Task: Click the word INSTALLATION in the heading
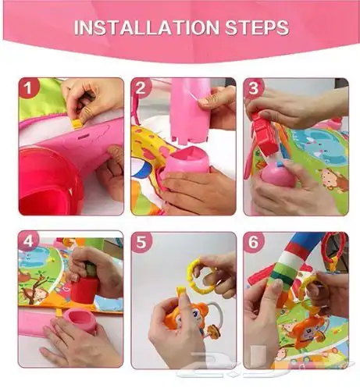[x=147, y=27]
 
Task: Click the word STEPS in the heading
[x=257, y=27]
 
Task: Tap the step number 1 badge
[x=28, y=87]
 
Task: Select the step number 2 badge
[x=141, y=87]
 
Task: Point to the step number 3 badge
[x=253, y=87]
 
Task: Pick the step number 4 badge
[x=28, y=241]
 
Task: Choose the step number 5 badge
[x=141, y=242]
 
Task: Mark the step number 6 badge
[x=253, y=242]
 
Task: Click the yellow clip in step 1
[x=77, y=124]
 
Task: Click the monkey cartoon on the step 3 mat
[x=333, y=180]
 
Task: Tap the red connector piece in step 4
[x=84, y=290]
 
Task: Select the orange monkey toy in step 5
[x=186, y=316]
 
